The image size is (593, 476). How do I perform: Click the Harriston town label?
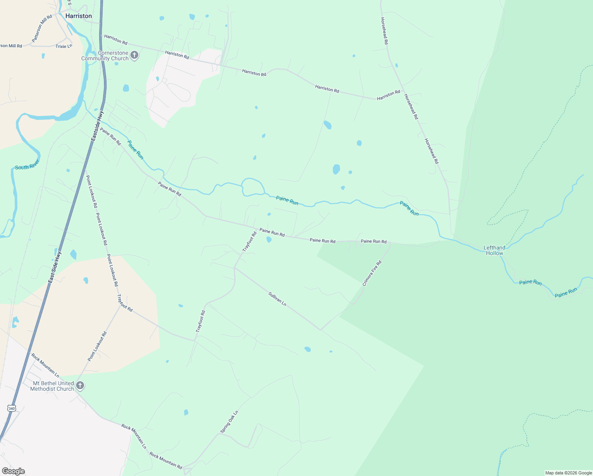pos(78,16)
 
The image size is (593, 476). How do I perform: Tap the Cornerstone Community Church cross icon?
pos(134,55)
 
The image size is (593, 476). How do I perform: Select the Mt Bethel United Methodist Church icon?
pos(80,386)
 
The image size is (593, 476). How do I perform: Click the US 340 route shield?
pos(11,408)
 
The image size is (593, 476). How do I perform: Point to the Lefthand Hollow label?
pos(494,250)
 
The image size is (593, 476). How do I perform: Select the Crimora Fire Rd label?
pos(372,273)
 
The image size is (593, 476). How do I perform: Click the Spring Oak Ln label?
pos(230,422)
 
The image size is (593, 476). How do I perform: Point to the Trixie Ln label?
pos(64,46)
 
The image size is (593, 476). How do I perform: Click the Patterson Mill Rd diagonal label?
pos(42,29)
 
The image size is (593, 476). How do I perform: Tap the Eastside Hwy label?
pos(97,126)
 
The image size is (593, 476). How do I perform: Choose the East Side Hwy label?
pos(55,267)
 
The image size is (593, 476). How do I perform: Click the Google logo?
pos(13,471)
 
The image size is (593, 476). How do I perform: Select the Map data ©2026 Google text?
pos(568,473)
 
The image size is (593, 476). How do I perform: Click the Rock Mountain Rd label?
pos(166,460)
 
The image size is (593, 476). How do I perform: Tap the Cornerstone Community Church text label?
pos(105,56)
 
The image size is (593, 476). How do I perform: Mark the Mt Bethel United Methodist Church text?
pos(53,386)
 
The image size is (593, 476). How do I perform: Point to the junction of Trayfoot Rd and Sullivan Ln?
pos(235,268)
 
